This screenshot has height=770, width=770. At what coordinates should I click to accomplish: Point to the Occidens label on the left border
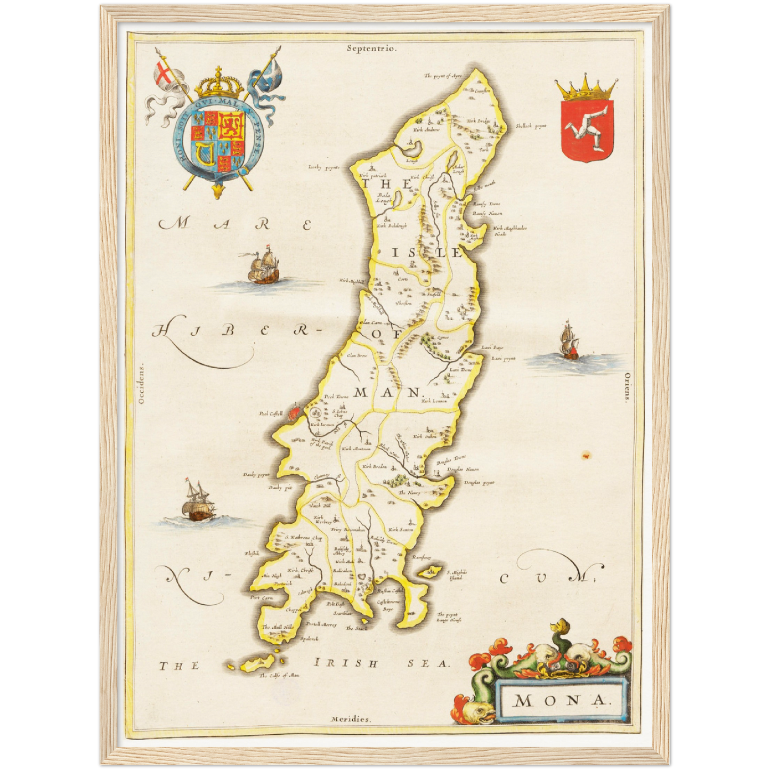pyautogui.click(x=141, y=385)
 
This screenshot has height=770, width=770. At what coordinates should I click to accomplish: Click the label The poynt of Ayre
pyautogui.click(x=442, y=76)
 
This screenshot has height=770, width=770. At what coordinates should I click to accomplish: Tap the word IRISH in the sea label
pyautogui.click(x=346, y=663)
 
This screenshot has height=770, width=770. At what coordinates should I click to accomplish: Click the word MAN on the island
pyautogui.click(x=387, y=393)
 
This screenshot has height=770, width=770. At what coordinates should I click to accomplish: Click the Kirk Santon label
pyautogui.click(x=401, y=529)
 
